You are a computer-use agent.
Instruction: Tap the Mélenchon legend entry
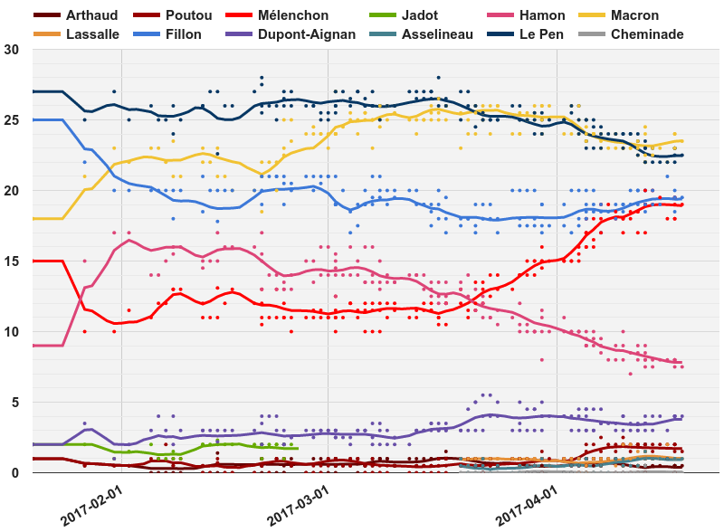[x=292, y=15]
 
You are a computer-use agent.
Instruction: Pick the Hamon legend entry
[x=541, y=15]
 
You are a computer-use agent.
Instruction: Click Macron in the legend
[x=634, y=15]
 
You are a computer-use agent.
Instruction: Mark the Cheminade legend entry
[x=647, y=34]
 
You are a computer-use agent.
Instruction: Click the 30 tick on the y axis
[x=12, y=50]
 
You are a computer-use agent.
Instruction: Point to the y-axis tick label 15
[x=12, y=261]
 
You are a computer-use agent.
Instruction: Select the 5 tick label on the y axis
[x=15, y=402]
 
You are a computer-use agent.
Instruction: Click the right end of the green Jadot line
[x=298, y=448]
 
